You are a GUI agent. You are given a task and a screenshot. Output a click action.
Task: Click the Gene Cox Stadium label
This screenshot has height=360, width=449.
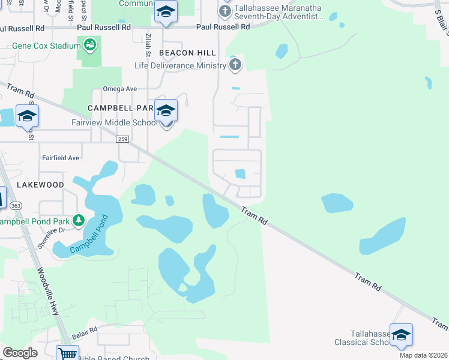(46, 46)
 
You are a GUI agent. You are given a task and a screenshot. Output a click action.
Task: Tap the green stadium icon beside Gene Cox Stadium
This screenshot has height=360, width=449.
(90, 44)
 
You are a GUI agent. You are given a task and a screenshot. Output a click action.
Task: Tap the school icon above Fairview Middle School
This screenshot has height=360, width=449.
(166, 111)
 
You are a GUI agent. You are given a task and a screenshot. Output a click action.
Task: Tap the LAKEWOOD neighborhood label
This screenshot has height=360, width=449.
(40, 184)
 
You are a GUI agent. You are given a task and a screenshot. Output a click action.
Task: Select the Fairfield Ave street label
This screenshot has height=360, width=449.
(60, 158)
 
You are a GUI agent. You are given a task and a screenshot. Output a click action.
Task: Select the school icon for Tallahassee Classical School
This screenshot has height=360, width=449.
(401, 335)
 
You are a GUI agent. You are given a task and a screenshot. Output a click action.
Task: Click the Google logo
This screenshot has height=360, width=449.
(20, 353)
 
